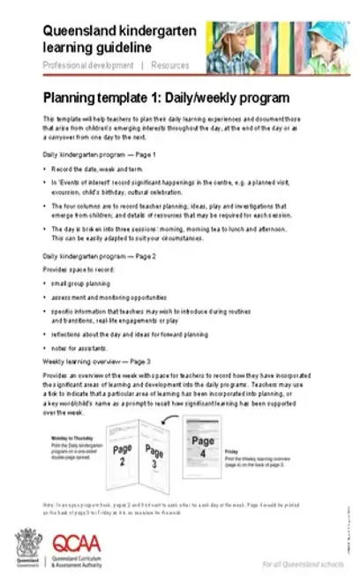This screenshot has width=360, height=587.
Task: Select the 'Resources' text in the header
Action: pos(169,65)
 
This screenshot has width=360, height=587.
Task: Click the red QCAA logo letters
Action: pos(71,546)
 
